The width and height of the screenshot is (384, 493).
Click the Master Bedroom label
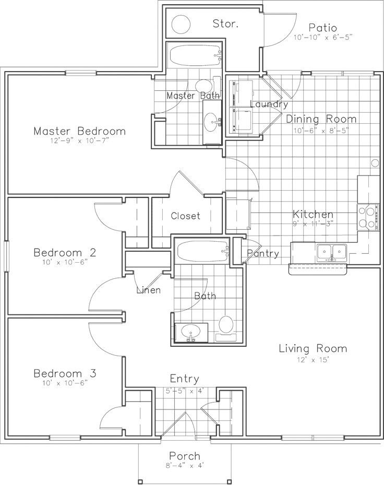79,131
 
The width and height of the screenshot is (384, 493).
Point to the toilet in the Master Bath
203,86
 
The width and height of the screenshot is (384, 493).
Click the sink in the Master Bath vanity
213,123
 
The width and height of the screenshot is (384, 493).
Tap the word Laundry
269,104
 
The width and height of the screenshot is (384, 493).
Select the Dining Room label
321,119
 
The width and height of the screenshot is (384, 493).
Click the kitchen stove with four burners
368,217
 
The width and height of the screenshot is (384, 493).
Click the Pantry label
262,254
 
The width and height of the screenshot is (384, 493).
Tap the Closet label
185,216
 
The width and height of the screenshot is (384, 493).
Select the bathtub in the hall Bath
202,253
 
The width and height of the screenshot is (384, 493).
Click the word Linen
148,290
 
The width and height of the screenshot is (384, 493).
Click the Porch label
185,456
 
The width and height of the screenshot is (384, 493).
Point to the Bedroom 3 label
65,373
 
